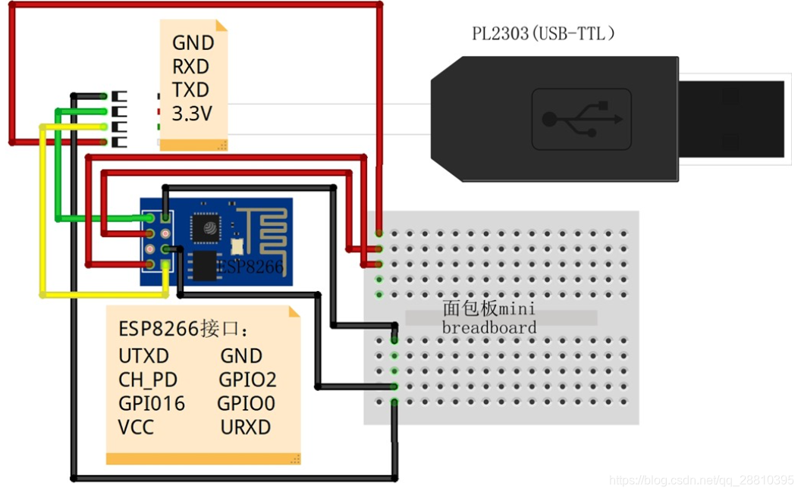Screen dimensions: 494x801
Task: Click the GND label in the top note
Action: [193, 42]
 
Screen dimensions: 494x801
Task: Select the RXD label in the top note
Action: [190, 66]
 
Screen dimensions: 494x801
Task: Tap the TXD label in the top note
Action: [190, 89]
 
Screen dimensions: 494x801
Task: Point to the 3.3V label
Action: [192, 114]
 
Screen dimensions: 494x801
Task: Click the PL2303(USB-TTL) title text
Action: [542, 34]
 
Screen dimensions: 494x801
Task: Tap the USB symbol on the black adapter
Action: [582, 119]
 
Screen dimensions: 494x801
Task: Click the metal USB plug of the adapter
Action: [730, 119]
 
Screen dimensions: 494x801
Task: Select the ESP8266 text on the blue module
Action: [250, 267]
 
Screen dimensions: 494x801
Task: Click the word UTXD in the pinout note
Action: [144, 356]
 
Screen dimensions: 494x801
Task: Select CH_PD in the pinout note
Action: [147, 380]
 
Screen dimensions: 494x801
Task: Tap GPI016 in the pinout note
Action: [152, 403]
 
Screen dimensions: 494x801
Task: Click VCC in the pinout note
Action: [136, 427]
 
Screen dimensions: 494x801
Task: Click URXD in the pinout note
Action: [246, 427]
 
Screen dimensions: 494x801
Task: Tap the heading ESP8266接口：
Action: [184, 330]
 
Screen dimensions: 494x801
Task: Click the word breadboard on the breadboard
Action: [489, 328]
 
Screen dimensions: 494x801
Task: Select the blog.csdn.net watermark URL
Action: [702, 480]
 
